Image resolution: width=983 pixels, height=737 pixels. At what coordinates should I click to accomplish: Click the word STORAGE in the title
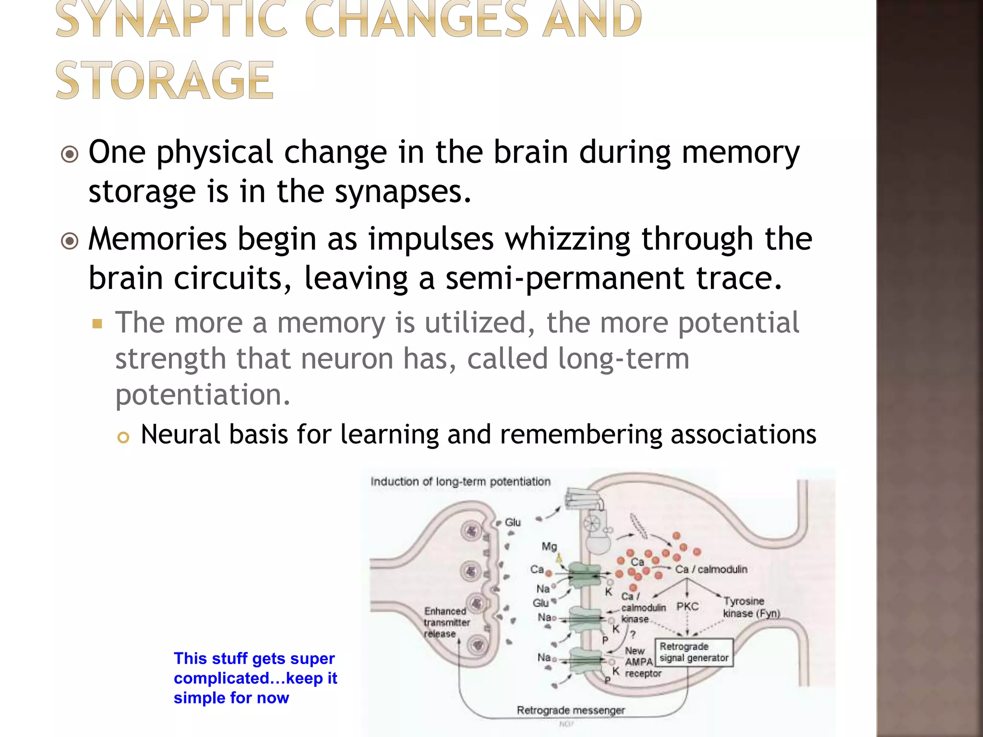165,80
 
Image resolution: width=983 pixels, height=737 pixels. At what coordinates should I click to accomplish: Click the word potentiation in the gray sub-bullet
203,394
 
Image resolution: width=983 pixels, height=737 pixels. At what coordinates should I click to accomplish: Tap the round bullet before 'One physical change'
70,155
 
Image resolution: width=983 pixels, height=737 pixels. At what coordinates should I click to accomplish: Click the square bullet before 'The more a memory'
97,324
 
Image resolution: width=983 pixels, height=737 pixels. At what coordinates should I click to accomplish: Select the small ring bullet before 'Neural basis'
123,437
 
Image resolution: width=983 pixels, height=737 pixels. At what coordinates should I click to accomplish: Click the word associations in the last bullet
743,434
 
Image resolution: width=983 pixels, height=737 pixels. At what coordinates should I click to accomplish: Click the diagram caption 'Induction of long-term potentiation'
460,481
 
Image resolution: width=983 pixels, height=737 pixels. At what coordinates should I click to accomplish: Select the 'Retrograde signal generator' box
694,652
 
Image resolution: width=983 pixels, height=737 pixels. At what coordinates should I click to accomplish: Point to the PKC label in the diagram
687,606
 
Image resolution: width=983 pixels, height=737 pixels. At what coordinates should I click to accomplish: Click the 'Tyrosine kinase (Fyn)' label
751,607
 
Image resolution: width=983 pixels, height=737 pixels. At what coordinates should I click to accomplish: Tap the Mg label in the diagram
549,546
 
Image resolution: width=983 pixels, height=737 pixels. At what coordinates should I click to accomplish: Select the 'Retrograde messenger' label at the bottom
570,710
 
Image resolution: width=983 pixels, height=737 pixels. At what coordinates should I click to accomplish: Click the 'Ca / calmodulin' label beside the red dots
711,569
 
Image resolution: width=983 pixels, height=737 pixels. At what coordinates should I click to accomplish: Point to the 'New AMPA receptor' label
642,662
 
